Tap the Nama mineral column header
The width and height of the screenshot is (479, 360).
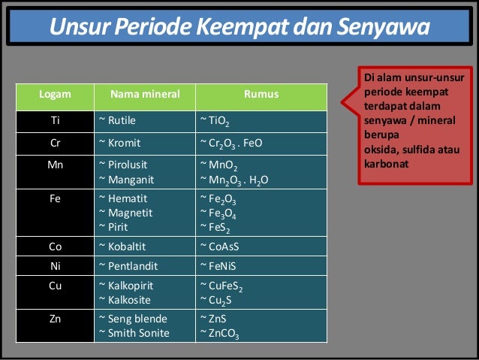click(145, 95)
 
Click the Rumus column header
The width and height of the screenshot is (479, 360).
click(261, 95)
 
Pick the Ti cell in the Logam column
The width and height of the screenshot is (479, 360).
click(55, 119)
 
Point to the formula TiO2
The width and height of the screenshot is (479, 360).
click(215, 120)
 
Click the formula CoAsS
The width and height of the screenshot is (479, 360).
click(219, 247)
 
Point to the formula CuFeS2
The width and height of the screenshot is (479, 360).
click(221, 286)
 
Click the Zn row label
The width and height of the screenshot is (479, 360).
click(55, 319)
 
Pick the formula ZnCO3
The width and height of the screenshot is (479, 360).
click(220, 333)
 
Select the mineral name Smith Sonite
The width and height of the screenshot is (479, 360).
click(134, 332)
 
